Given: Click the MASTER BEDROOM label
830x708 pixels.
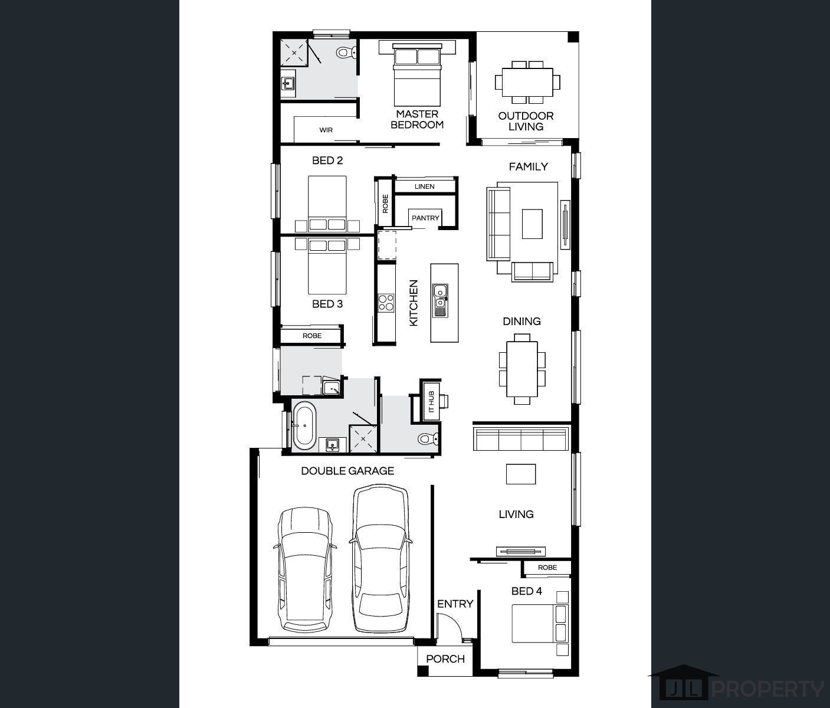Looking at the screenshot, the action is [x=417, y=119].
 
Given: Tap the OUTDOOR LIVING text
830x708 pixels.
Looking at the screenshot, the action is [x=526, y=122].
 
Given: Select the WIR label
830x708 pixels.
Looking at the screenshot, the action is [x=326, y=130].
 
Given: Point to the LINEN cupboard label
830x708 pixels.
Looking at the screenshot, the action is [x=424, y=186].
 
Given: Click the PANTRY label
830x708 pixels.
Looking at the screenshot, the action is [x=425, y=218].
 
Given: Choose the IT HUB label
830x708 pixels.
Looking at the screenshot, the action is [x=432, y=402].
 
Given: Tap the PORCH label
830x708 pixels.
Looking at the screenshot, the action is [x=445, y=659].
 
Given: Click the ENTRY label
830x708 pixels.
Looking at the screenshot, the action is [x=455, y=604].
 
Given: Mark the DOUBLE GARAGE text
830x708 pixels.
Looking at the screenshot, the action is [x=347, y=471].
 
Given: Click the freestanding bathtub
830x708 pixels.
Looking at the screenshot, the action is [x=304, y=425].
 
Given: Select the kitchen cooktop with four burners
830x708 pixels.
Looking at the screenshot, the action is [x=386, y=303].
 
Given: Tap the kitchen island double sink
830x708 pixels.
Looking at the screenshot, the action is [x=440, y=300].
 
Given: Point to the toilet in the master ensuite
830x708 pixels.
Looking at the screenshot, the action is [x=346, y=53].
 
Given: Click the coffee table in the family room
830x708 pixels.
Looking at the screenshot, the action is [x=532, y=224].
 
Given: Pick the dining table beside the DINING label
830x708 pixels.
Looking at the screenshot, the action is [x=522, y=369].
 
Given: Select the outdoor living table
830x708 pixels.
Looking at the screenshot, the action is [x=527, y=83].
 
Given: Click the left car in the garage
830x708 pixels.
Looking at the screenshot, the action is [x=305, y=570].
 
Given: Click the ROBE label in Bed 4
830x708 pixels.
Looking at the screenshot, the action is [x=547, y=568].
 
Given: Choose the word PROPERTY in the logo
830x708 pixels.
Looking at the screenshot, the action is [x=767, y=689].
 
